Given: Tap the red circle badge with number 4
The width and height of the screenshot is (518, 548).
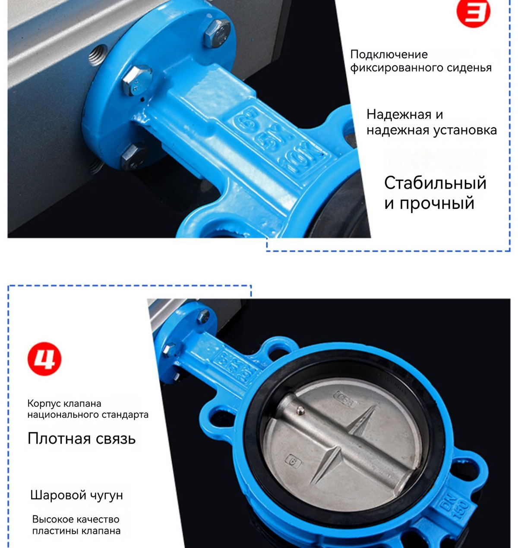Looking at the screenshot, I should click(44, 359).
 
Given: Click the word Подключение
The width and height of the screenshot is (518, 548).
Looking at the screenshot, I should click(388, 55).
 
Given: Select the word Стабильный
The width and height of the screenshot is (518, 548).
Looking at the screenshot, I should click(435, 183).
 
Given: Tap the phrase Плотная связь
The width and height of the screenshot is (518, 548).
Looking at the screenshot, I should click(82, 438).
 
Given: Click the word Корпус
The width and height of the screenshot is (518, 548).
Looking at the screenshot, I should click(44, 403).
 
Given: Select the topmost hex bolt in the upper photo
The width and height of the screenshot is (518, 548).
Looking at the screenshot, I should click(217, 33).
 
